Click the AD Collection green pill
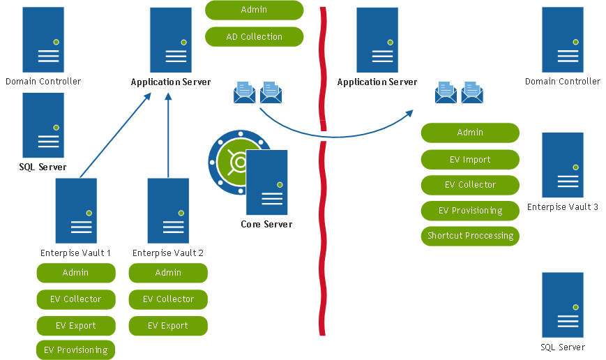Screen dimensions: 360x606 255,36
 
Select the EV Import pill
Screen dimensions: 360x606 470,159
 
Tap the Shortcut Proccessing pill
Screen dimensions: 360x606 470,235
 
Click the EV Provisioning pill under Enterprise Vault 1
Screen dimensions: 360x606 75,350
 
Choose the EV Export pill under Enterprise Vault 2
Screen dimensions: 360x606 168,325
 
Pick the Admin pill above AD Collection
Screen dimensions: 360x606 255,10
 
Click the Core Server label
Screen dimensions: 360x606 266,224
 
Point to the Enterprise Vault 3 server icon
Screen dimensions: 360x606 563,165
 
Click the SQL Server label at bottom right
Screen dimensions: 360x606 563,347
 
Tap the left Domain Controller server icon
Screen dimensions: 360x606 43,40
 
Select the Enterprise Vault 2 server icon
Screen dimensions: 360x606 168,211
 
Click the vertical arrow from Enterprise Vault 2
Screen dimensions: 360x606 168,136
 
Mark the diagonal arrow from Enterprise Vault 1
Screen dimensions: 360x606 116,135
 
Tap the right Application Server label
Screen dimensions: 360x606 377,82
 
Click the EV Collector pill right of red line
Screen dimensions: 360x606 470,185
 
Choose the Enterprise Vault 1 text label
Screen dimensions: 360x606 75,253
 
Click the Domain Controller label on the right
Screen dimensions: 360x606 563,82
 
